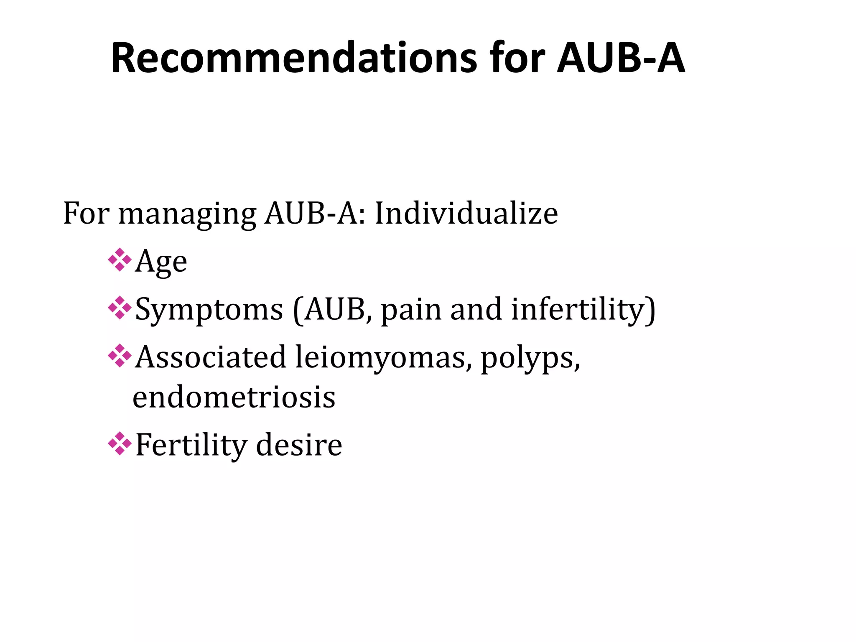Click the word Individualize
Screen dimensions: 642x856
(x=466, y=213)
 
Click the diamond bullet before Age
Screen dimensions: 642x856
(x=120, y=260)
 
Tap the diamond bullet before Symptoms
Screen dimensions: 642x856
(x=120, y=308)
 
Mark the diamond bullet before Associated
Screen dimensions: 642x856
(x=120, y=356)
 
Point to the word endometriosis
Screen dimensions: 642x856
(x=234, y=397)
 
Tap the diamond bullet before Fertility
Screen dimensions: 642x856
(x=120, y=443)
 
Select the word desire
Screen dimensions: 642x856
(x=299, y=445)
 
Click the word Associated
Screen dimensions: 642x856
(x=211, y=357)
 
